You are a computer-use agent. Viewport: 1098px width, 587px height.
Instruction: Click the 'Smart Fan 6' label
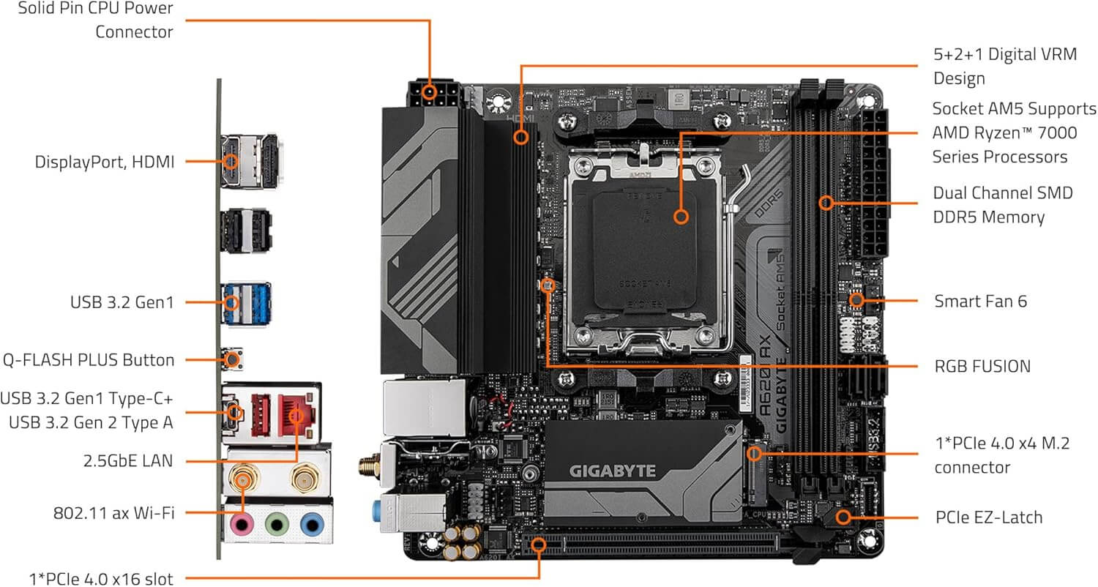980,301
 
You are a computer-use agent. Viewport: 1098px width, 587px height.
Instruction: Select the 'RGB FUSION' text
982,366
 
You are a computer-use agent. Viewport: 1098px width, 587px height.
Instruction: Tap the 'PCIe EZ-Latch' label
988,517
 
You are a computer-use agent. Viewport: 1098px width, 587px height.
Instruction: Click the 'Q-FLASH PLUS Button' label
89,360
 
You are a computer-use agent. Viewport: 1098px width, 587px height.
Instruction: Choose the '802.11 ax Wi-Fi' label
113,513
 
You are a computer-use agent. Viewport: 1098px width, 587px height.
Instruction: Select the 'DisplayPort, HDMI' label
105,162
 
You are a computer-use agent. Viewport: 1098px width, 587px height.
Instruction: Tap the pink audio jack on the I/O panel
242,525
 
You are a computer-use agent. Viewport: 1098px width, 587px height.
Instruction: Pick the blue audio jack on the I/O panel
312,525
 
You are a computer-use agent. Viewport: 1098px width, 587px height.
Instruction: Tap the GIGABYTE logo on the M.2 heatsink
613,471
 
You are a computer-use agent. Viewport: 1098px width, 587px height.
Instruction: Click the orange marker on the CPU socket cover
681,216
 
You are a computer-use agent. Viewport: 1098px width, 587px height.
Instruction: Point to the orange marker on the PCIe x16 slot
539,544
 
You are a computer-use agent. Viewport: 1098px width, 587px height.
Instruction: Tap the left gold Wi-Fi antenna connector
242,479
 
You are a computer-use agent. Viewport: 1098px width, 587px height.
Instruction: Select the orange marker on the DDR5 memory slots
826,201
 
